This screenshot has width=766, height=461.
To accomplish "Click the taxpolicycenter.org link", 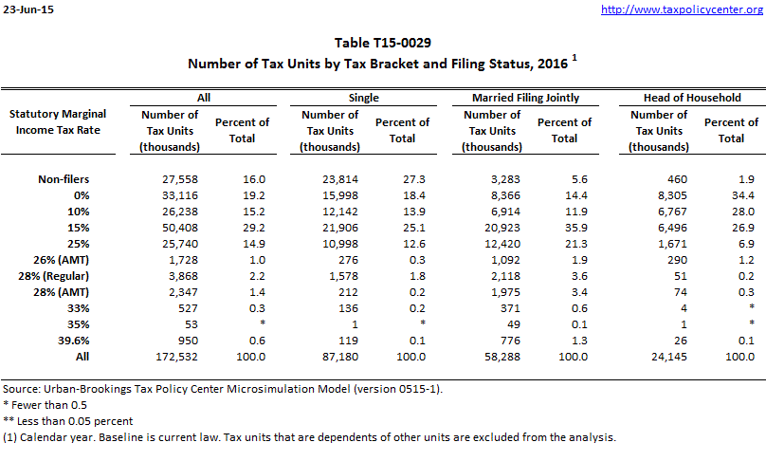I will click(682, 9).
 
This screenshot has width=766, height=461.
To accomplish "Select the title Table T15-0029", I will click(382, 44).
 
